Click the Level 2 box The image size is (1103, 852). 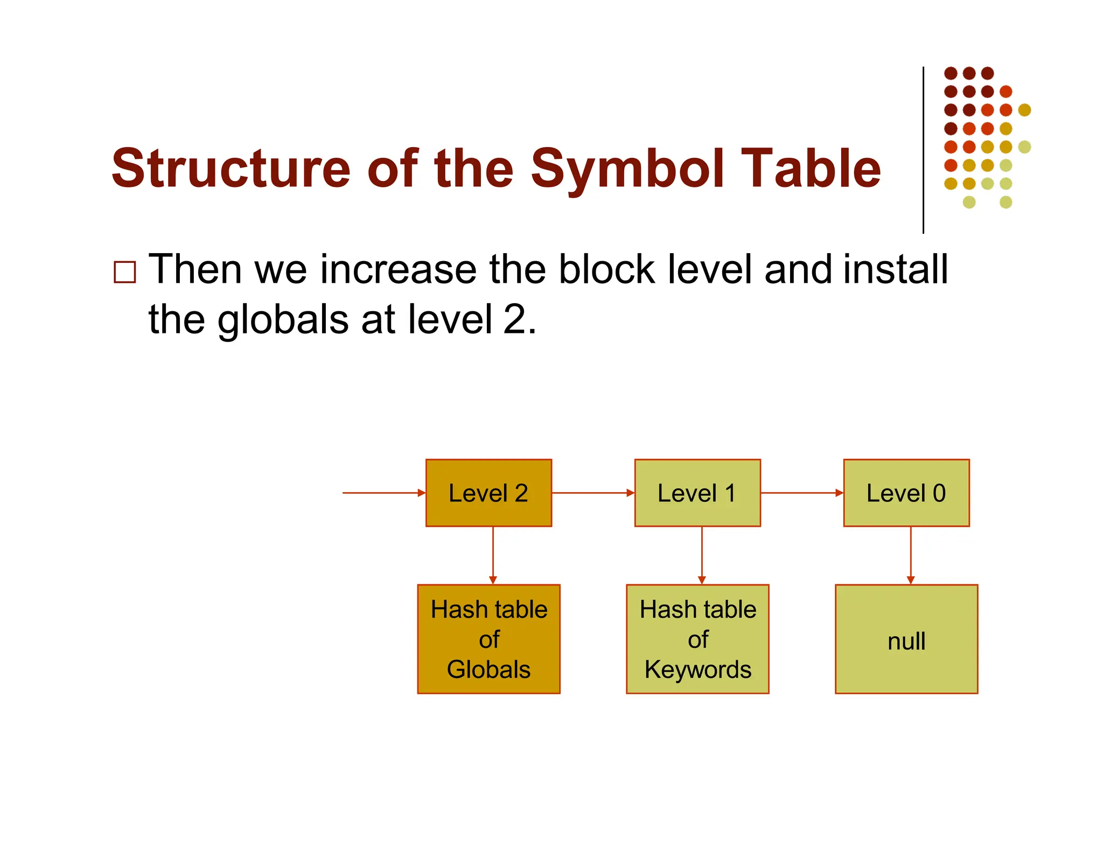(488, 493)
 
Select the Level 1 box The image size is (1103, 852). (697, 493)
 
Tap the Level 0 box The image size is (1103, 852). (906, 493)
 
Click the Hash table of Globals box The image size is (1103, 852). (488, 639)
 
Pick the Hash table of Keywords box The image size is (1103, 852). (697, 639)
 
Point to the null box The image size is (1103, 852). (906, 639)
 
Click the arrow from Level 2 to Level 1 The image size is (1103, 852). (592, 493)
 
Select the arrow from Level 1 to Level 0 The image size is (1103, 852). (801, 493)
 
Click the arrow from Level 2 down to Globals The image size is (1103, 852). (493, 555)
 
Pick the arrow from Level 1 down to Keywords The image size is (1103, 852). (702, 555)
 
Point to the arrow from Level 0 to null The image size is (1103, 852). (911, 555)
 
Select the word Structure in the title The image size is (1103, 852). (232, 169)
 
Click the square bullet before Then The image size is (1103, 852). (125, 272)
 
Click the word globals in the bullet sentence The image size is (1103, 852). (283, 319)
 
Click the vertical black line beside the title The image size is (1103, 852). (923, 151)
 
